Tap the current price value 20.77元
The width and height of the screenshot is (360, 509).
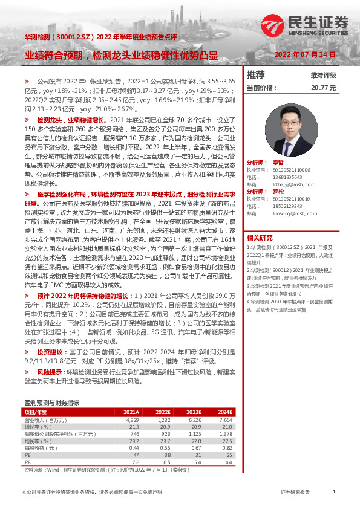tap(323, 88)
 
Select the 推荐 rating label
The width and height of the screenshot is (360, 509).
tap(256, 75)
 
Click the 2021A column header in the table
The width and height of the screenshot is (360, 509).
tap(132, 412)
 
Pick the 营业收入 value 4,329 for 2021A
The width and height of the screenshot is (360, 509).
tap(133, 420)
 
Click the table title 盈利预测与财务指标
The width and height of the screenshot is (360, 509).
tap(51, 403)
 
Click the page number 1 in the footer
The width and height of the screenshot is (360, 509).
tap(333, 493)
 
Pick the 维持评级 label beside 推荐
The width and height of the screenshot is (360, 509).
tap(323, 76)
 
